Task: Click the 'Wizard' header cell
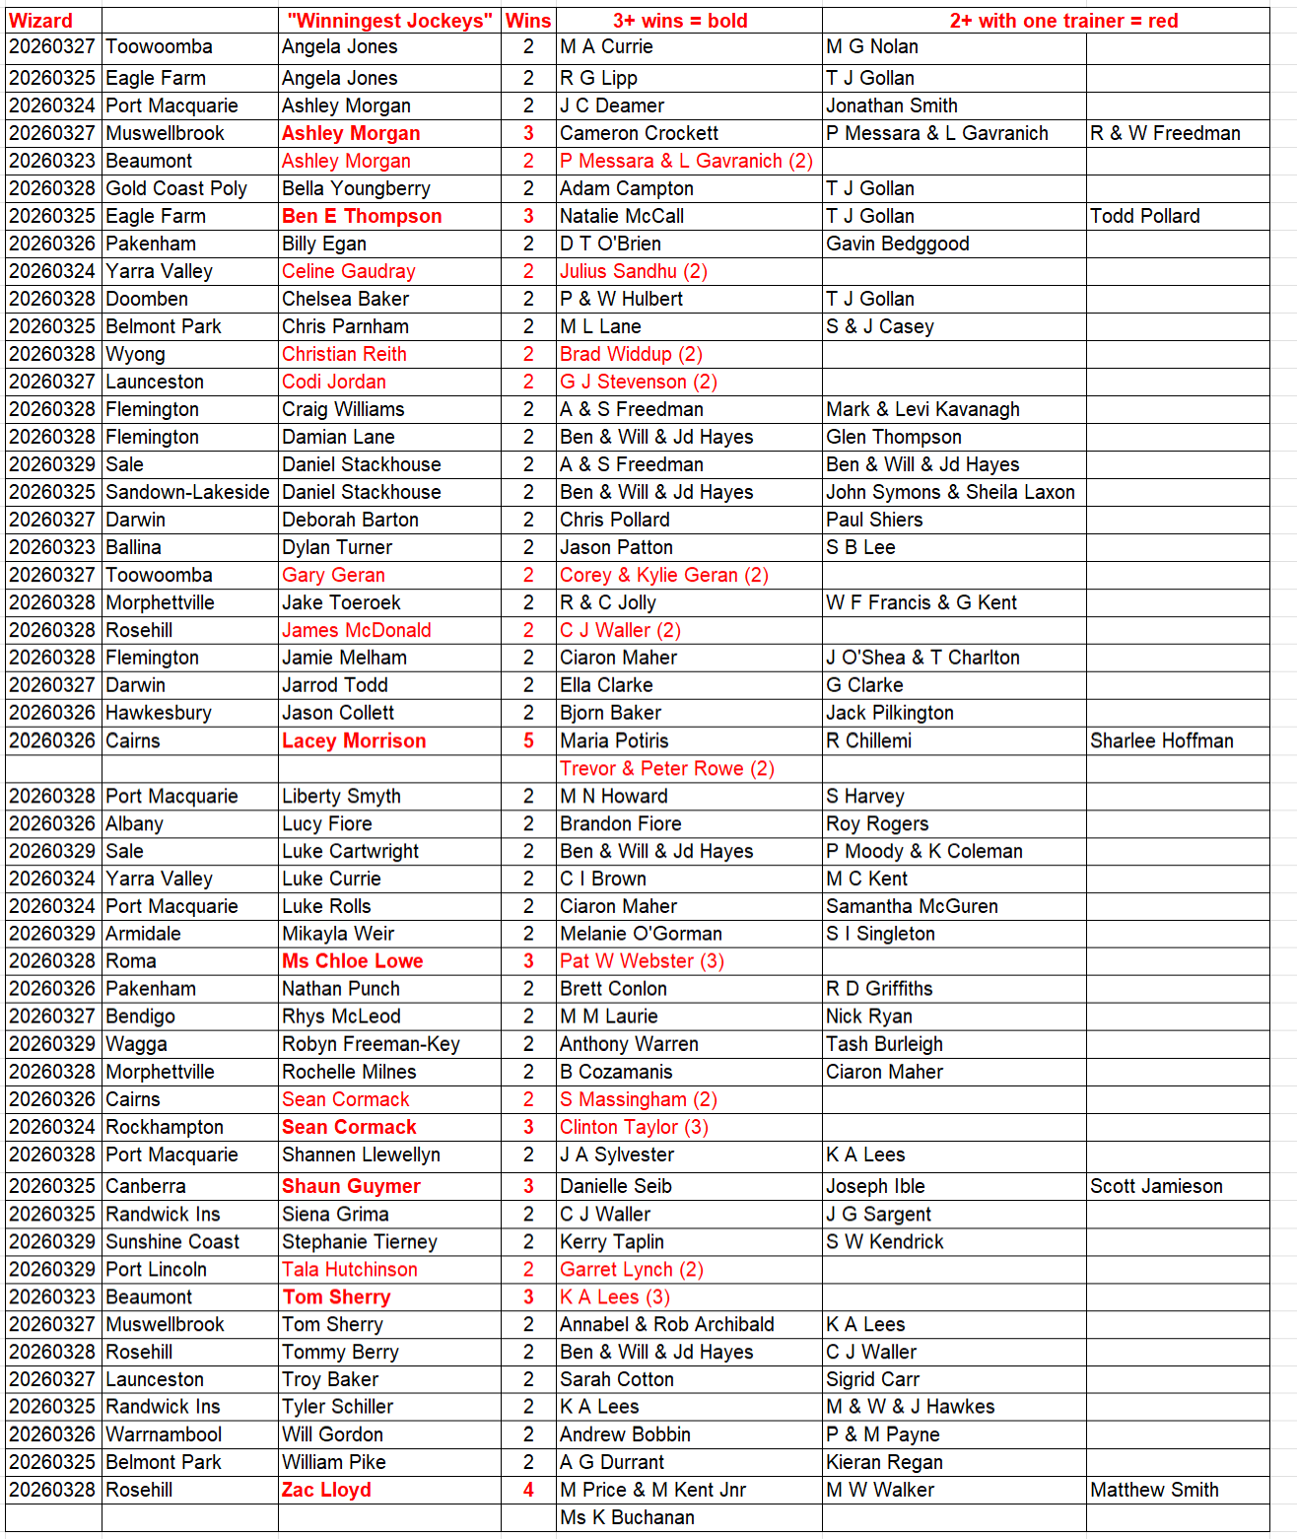point(41,21)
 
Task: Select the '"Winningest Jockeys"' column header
point(389,21)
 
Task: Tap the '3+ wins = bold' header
point(680,21)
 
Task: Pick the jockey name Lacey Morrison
point(354,740)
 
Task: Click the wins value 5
point(528,740)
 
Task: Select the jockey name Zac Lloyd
point(326,1490)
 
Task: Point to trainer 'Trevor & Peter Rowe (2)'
point(667,768)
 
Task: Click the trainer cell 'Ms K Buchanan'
point(627,1517)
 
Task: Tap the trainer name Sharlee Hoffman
point(1161,740)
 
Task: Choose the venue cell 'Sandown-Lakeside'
point(187,492)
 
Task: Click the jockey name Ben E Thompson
point(362,216)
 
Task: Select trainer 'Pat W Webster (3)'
point(642,961)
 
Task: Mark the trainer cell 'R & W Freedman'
point(1165,133)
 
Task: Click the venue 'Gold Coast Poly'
point(176,188)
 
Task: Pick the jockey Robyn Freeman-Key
point(371,1044)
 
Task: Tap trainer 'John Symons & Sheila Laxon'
point(950,492)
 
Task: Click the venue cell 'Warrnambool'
point(164,1434)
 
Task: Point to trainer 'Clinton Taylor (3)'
point(634,1127)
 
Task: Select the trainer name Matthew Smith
point(1154,1490)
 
